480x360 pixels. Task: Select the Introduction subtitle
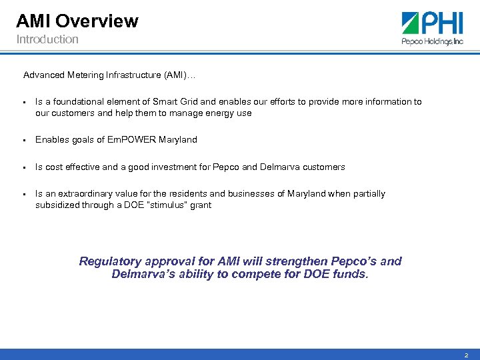(47, 39)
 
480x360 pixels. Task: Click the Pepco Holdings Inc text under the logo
(431, 41)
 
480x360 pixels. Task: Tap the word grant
(200, 205)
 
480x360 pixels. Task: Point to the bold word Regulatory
(111, 261)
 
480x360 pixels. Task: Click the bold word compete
(274, 274)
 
